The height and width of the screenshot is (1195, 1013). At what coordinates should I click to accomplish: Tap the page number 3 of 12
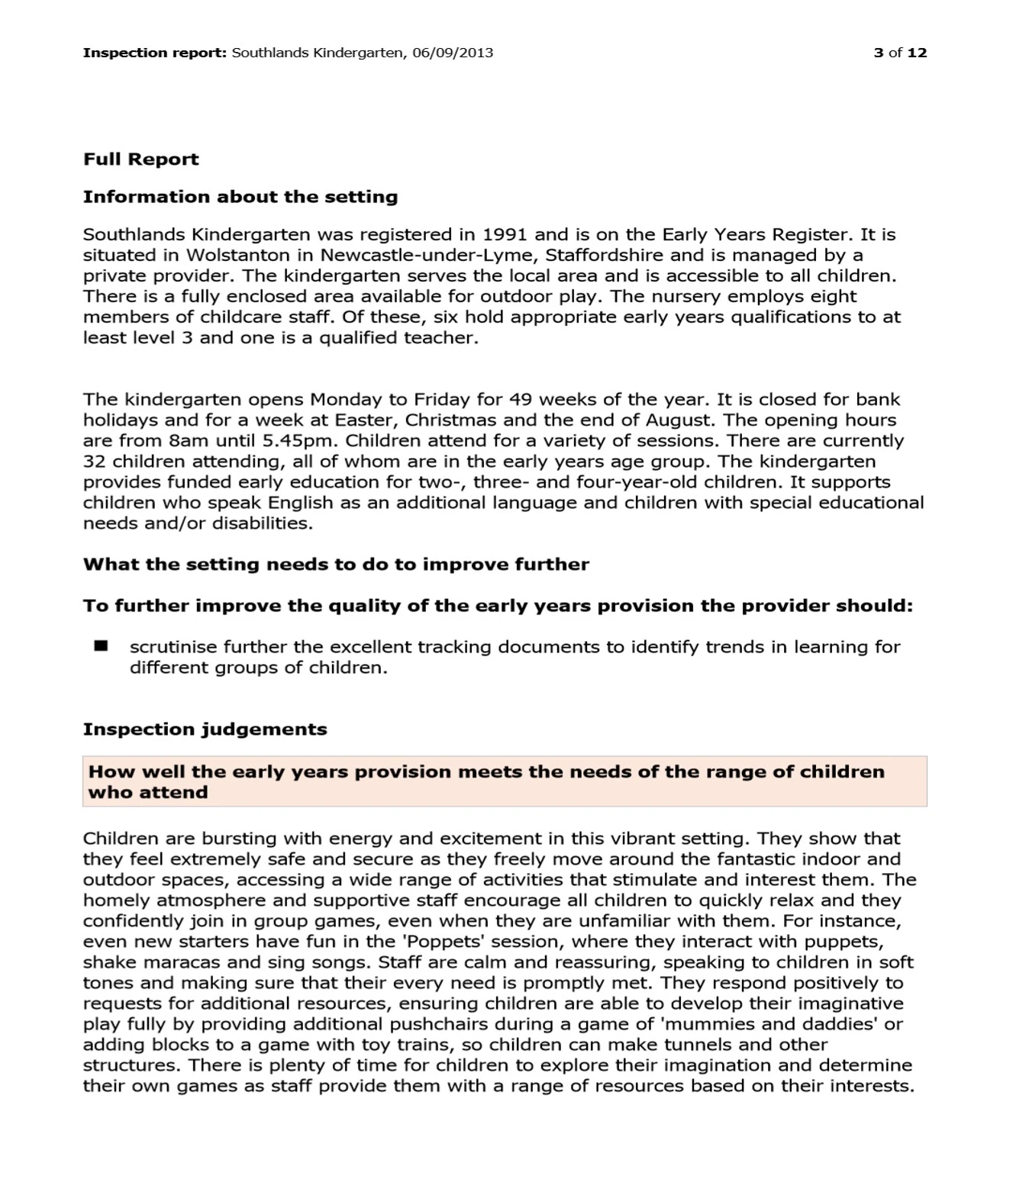click(900, 53)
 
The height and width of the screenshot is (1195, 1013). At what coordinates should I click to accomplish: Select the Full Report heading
click(140, 159)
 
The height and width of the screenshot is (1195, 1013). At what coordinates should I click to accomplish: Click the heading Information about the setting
click(240, 197)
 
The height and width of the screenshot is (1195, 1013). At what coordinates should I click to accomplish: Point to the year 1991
click(505, 234)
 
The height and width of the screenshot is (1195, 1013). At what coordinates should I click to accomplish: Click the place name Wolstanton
click(238, 255)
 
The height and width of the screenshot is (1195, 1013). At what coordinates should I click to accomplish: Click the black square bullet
click(100, 646)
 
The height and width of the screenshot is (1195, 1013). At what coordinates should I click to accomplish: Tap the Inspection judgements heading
click(205, 730)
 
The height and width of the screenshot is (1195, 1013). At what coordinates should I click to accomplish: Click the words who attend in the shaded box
click(147, 792)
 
